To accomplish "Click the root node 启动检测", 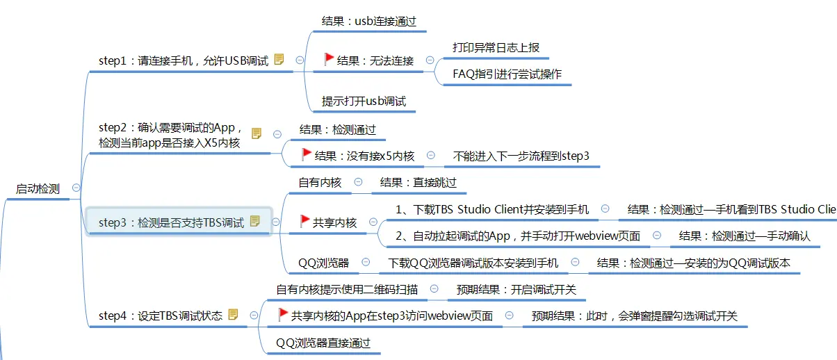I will coord(38,188).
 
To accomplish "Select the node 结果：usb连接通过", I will coord(368,21).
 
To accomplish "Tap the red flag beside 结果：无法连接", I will coord(329,60).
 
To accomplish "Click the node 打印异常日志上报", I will coord(496,47).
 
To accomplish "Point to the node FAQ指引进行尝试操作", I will coord(507,74).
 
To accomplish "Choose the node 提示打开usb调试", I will coord(364,101).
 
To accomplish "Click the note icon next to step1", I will coord(279,60).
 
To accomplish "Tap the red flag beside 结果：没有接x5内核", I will coord(307,155).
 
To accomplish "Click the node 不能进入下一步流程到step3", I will coord(521,156).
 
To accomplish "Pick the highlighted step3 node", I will coord(171,222).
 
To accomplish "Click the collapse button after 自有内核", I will coord(358,182).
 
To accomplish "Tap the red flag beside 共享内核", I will coord(304,222).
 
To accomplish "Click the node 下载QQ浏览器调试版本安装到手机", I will coord(473,263).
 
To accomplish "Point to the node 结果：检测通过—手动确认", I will coord(745,236).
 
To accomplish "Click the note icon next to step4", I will coord(233,315).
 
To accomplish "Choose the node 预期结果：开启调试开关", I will coord(516,289).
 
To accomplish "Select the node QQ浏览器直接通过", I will coord(323,343).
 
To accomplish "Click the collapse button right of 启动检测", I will coord(76,188).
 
